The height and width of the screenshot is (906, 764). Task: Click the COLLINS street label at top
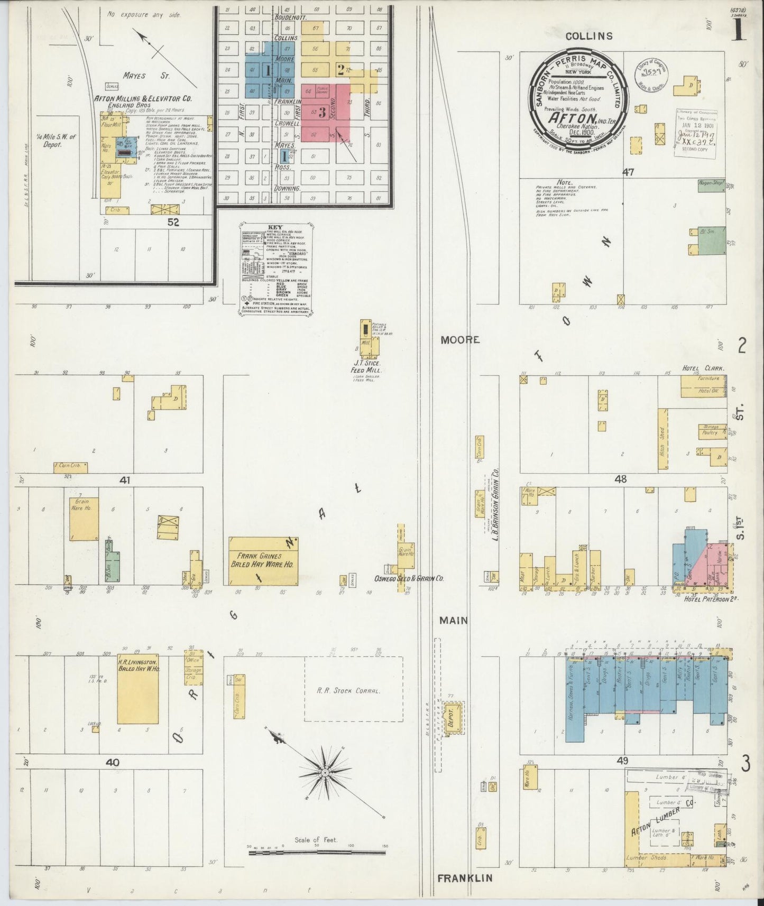pyautogui.click(x=589, y=36)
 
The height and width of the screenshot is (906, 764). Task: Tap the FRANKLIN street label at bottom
pyautogui.click(x=465, y=878)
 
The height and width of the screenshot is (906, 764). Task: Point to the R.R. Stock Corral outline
pyautogui.click(x=353, y=689)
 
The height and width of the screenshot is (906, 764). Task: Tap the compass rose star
pyautogui.click(x=325, y=773)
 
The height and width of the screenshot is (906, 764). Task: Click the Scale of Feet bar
pyautogui.click(x=316, y=851)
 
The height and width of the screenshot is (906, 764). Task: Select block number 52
pyautogui.click(x=173, y=223)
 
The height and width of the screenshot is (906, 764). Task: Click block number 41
pyautogui.click(x=125, y=480)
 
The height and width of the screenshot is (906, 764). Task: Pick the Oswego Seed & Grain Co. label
pyautogui.click(x=408, y=578)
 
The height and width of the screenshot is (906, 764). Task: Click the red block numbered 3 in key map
pyautogui.click(x=322, y=112)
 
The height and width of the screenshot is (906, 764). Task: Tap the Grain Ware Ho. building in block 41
pyautogui.click(x=84, y=518)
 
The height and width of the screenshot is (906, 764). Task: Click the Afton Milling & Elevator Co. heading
pyautogui.click(x=143, y=98)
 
